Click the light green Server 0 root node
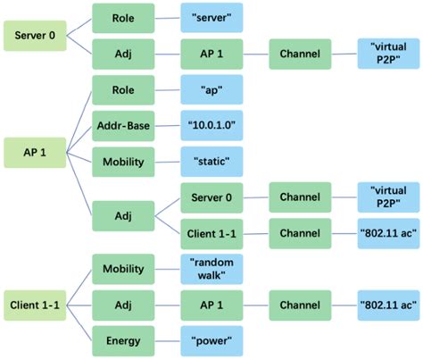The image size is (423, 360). (33, 38)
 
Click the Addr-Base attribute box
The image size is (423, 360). (124, 126)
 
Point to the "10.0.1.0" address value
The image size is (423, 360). (212, 126)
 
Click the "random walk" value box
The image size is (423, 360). (212, 267)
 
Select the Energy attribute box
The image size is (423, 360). (124, 340)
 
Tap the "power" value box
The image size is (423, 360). (212, 340)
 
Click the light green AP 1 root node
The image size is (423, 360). (33, 150)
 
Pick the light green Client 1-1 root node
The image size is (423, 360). (33, 304)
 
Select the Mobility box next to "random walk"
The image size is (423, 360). (124, 267)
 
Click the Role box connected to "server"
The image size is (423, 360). (124, 17)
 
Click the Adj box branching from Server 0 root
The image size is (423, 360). (124, 54)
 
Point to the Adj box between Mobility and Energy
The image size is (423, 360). (124, 305)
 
